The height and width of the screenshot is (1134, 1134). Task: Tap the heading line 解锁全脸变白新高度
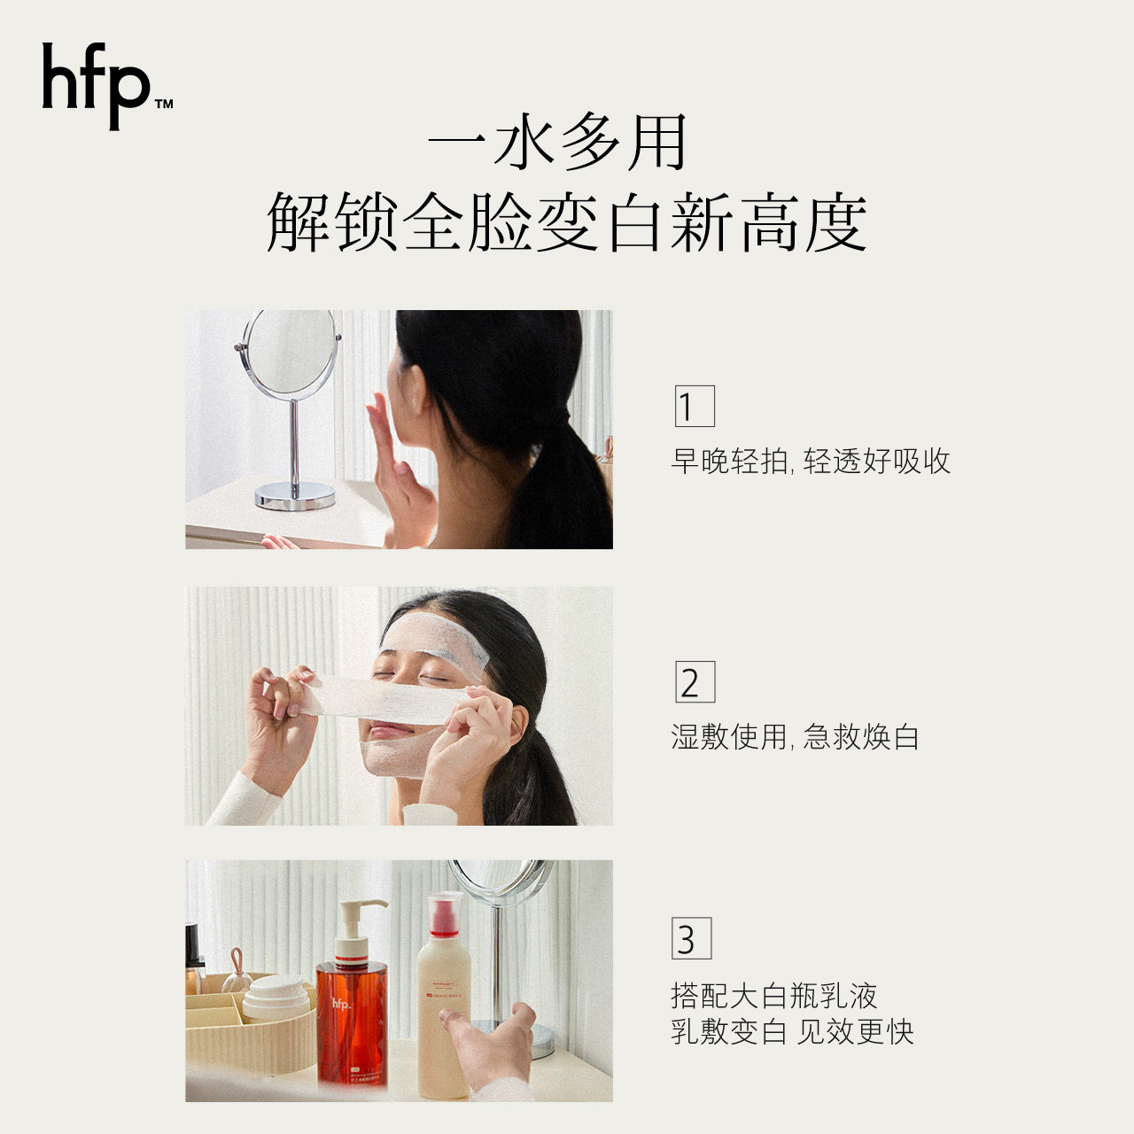point(566,223)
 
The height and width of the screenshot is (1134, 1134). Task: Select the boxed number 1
point(694,406)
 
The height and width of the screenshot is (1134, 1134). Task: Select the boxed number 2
point(694,682)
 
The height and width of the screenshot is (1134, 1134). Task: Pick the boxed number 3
point(691,939)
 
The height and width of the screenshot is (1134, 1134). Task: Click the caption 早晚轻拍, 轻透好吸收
point(810,461)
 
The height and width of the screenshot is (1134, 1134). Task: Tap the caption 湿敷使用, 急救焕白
point(795,736)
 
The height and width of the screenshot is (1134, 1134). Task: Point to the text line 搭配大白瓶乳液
point(773,996)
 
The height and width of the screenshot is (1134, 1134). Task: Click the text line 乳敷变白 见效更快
point(792,1032)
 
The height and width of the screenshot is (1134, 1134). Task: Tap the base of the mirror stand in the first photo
point(295,496)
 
